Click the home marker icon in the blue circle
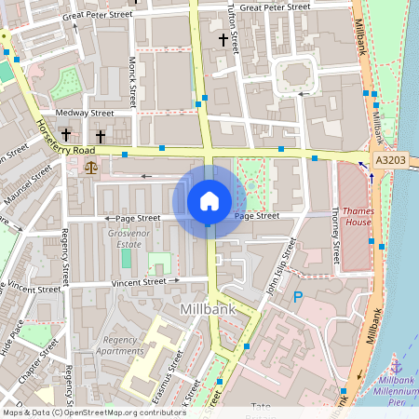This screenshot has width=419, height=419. (209, 200)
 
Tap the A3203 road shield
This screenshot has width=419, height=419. (390, 161)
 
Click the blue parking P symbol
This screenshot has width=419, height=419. (298, 297)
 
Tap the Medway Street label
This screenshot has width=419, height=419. (85, 114)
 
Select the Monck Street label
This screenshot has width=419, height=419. (133, 79)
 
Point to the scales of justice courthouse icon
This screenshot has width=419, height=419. (90, 168)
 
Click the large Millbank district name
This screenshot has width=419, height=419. (205, 308)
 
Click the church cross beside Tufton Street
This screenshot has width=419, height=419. (223, 39)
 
